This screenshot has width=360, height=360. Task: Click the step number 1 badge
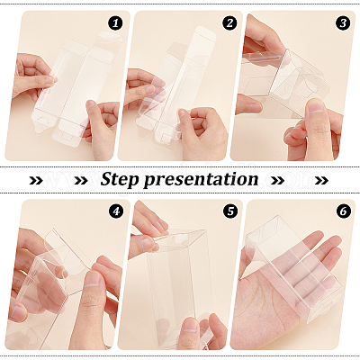point(116,23)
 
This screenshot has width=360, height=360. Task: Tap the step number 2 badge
point(229,23)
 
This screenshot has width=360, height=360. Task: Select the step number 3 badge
point(344,23)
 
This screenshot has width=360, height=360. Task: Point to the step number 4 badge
point(116,211)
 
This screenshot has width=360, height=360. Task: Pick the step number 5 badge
point(229,211)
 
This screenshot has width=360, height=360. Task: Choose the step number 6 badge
point(344,211)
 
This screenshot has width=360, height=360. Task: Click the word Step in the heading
point(120,179)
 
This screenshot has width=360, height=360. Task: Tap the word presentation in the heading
point(201,180)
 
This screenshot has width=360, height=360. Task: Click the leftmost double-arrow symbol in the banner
point(36,180)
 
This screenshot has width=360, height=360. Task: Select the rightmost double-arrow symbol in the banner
point(321,180)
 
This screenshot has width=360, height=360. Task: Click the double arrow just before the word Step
point(81,180)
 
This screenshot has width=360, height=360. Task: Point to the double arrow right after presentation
point(277,180)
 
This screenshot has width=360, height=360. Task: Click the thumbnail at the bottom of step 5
point(190,324)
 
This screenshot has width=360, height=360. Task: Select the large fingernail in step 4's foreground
point(92,278)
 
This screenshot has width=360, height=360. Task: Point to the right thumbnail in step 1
point(91,105)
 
